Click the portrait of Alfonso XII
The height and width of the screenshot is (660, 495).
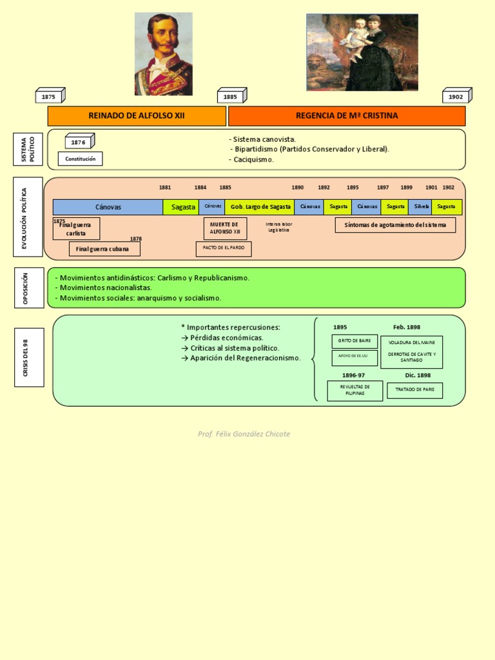click(x=163, y=54)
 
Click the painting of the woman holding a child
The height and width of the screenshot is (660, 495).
click(x=362, y=53)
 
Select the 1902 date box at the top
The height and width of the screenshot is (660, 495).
click(x=456, y=97)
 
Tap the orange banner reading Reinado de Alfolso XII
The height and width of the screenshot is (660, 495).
click(x=137, y=116)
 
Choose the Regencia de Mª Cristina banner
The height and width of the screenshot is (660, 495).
click(x=347, y=116)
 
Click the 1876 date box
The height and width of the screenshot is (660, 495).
click(x=79, y=142)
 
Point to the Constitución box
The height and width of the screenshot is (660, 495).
click(x=80, y=159)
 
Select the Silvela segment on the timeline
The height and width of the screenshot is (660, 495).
click(x=422, y=207)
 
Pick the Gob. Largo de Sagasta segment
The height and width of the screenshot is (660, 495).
click(x=259, y=207)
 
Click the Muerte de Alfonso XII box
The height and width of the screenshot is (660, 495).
click(x=225, y=228)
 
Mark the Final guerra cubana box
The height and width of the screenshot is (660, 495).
click(x=104, y=249)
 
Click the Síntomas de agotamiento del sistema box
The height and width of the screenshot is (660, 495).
click(x=395, y=225)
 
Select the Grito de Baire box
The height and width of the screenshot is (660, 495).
click(x=354, y=341)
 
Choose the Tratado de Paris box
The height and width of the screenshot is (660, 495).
click(x=414, y=390)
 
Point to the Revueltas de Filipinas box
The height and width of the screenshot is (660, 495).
click(x=354, y=391)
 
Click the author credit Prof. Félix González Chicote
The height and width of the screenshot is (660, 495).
click(x=244, y=434)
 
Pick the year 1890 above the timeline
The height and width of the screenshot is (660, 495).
click(x=297, y=188)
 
